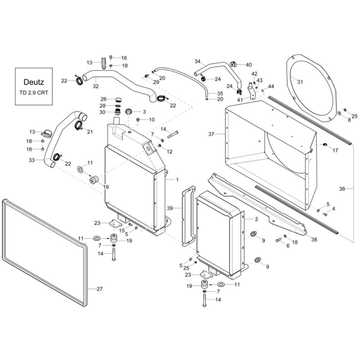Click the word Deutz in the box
34,82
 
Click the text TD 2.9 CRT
34,93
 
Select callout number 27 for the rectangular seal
99,289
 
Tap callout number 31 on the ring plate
300,82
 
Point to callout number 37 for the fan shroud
211,134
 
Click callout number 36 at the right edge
342,189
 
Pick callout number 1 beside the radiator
177,180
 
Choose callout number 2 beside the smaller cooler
256,219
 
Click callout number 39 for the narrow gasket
170,208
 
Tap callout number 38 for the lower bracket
314,239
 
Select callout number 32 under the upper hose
95,86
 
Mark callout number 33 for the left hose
31,160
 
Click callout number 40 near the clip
249,65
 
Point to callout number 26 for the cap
104,99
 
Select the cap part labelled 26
118,100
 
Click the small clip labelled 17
325,145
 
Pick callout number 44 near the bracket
271,86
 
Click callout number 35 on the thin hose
220,94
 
